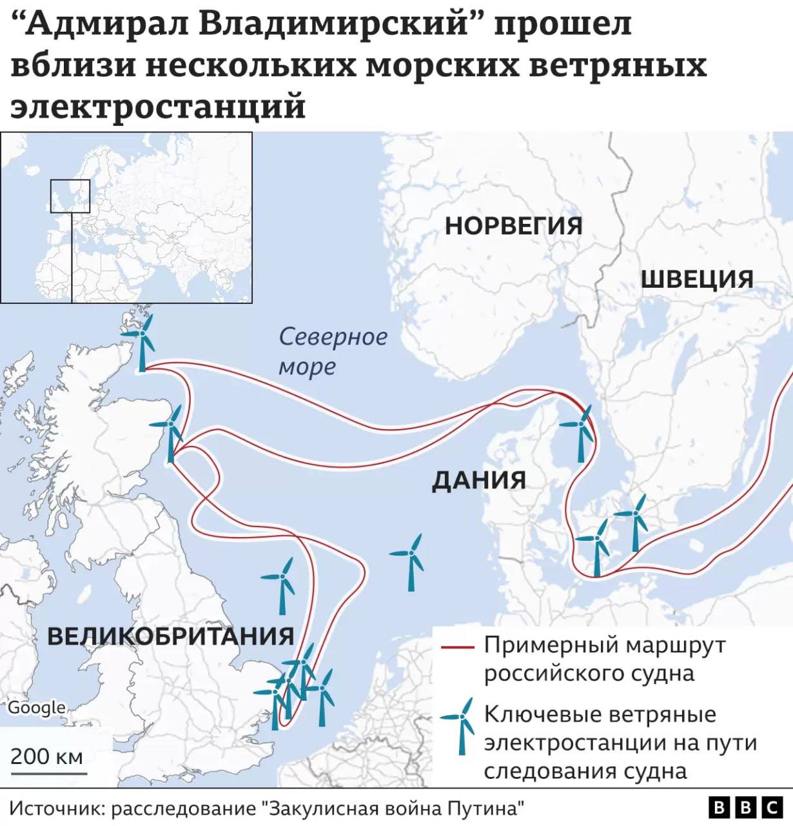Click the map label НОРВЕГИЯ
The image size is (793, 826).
[x=513, y=226]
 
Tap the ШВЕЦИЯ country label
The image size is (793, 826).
[x=697, y=279]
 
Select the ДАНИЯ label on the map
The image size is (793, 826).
[x=478, y=480]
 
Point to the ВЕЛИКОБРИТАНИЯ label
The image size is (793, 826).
[x=171, y=636]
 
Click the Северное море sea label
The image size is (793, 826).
[x=333, y=351]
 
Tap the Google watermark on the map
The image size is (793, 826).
[x=36, y=707]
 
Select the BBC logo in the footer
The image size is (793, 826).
[x=745, y=807]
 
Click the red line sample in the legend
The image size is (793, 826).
[x=458, y=647]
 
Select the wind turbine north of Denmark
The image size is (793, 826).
[x=580, y=432]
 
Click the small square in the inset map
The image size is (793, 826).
[x=70, y=196]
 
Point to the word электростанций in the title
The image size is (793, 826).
[x=158, y=106]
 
